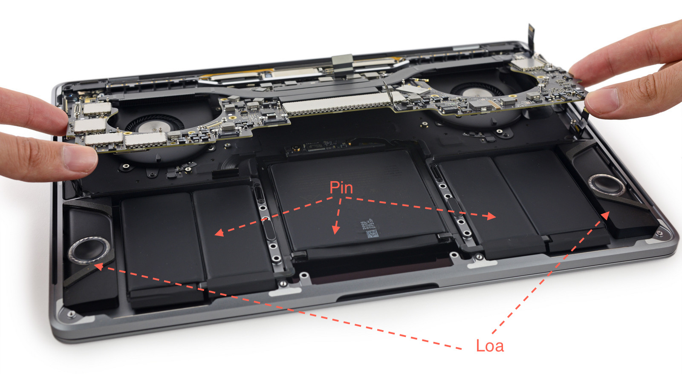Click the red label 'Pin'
coord(341,188)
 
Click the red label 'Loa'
coord(490,346)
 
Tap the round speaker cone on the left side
coord(89,250)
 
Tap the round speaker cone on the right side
coord(607,185)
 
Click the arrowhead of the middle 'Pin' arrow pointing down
coord(336,230)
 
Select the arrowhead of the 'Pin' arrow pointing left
coord(219,233)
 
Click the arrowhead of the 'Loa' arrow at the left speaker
coord(98,267)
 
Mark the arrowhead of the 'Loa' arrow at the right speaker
coord(606,216)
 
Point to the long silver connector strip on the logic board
coord(338,104)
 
